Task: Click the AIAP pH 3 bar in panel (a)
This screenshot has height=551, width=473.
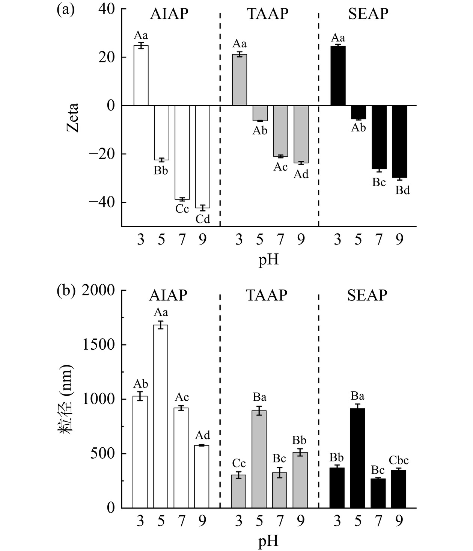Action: point(141,75)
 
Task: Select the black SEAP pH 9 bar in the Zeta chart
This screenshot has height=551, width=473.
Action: point(400,142)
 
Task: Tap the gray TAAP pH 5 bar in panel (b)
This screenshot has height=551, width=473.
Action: point(259,459)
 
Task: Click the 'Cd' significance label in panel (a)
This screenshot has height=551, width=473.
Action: point(203,219)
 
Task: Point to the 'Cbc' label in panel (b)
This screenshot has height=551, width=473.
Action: point(399,460)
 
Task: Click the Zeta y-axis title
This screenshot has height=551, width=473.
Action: point(72,117)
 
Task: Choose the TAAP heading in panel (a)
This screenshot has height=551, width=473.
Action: point(268,14)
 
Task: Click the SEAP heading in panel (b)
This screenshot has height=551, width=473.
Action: point(367,296)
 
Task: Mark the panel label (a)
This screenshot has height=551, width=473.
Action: point(65,9)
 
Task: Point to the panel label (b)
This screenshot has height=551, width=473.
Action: point(65,291)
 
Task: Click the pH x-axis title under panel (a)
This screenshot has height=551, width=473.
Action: point(269,260)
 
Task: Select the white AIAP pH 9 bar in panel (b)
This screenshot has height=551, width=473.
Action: point(202,476)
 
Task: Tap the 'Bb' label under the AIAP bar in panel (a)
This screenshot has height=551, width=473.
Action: point(161,171)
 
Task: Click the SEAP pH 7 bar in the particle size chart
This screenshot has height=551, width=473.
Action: point(378,493)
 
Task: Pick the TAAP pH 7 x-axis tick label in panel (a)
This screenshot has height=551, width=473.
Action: point(280,239)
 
